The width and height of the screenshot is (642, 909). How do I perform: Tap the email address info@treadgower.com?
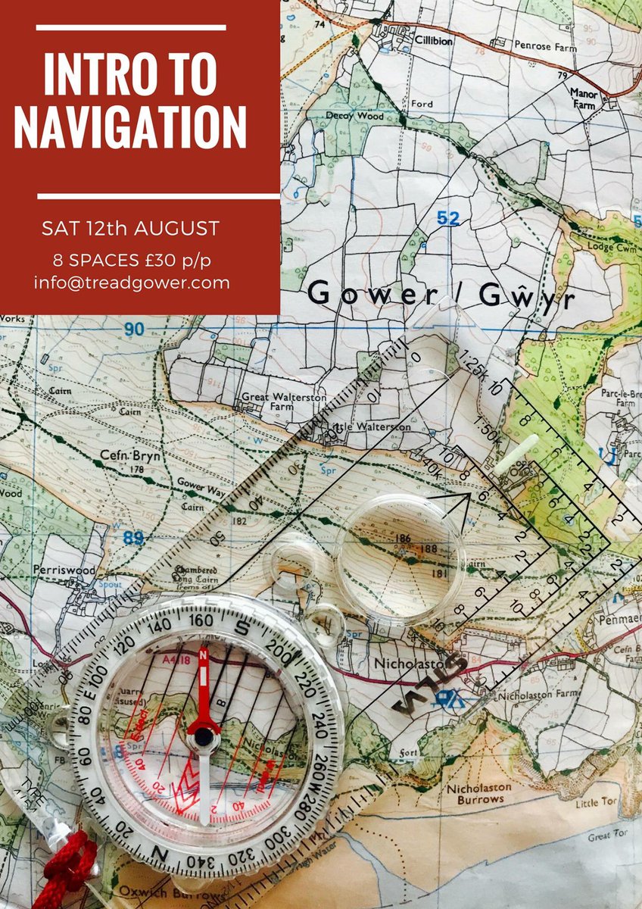click(131, 283)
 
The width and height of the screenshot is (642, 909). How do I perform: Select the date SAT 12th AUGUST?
click(130, 228)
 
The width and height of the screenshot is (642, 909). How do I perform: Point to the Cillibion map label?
click(433, 41)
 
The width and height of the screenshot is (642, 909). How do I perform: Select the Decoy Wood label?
click(346, 116)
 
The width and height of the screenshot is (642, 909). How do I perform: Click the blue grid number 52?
click(448, 218)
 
